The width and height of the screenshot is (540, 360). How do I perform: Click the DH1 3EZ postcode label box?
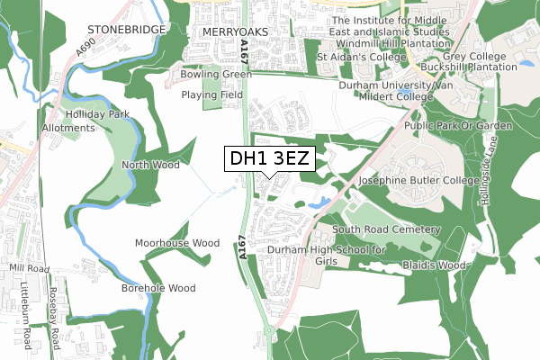tap(270, 159)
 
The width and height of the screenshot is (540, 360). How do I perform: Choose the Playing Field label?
tap(212, 94)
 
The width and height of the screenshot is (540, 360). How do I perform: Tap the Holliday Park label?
tap(93, 114)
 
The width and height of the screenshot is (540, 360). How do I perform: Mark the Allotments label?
tap(68, 128)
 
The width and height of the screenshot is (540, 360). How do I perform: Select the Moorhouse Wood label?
tap(177, 243)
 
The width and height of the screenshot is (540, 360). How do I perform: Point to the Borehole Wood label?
tap(158, 288)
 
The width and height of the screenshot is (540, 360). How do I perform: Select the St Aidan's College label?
tap(358, 58)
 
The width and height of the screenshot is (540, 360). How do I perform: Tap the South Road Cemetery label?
tap(385, 229)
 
